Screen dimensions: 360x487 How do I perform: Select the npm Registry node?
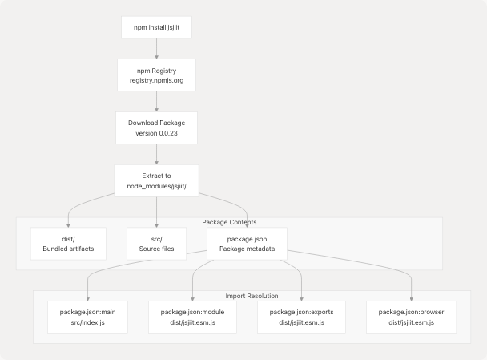coord(156,75)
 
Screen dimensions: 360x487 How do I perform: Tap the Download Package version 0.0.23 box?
coord(156,128)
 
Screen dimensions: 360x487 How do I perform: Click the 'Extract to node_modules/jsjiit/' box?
coord(156,180)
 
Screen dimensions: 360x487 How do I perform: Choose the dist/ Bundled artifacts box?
coord(68,244)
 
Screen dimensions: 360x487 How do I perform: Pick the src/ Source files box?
coord(156,244)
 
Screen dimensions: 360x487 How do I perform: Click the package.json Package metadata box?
coord(248,244)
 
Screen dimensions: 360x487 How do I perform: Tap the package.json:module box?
coord(193,317)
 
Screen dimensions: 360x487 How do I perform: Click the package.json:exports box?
coord(302,317)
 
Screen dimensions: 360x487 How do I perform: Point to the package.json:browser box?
coord(411,317)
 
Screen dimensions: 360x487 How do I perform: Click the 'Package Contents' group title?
coord(229,222)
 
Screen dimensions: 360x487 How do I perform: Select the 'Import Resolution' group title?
coord(252,296)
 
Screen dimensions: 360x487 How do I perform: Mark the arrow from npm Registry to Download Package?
coord(156,102)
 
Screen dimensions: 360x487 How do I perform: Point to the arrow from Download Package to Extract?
coord(156,155)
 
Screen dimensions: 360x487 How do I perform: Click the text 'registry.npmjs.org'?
coord(156,82)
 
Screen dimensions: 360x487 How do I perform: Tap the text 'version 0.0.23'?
coord(156,134)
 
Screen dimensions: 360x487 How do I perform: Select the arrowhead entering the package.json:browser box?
coord(411,297)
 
